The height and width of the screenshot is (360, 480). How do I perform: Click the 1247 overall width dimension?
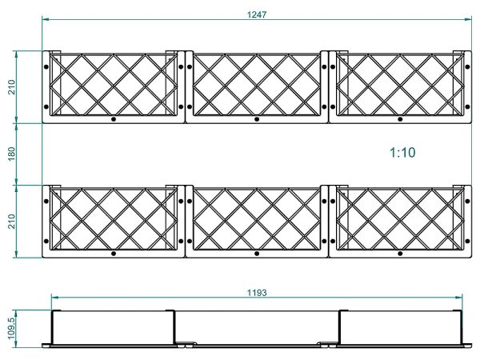pyautogui.click(x=257, y=14)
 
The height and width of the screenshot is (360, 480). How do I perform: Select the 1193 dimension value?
pyautogui.click(x=257, y=293)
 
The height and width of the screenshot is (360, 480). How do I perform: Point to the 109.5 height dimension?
pyautogui.click(x=11, y=328)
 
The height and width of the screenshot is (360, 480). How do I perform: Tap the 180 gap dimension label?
pyautogui.click(x=11, y=154)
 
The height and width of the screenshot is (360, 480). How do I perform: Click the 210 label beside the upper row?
pyautogui.click(x=11, y=87)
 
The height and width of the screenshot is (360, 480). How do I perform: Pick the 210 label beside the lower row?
pyautogui.click(x=11, y=222)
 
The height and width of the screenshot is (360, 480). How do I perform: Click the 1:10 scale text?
pyautogui.click(x=402, y=153)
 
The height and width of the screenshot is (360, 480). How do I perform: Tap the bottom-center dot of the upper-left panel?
pyautogui.click(x=114, y=119)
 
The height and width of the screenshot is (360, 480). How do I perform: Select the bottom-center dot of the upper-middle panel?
pyautogui.click(x=257, y=119)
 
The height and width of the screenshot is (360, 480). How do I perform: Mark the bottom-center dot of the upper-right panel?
pyautogui.click(x=400, y=119)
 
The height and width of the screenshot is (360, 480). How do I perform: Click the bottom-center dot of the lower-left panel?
pyautogui.click(x=114, y=254)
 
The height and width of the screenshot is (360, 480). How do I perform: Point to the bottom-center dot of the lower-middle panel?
pyautogui.click(x=257, y=254)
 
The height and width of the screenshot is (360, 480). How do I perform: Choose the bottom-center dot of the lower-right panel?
pyautogui.click(x=400, y=254)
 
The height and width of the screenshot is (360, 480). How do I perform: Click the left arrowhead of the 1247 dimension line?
pyautogui.click(x=46, y=19)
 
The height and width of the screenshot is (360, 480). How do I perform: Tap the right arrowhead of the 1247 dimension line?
pyautogui.click(x=468, y=19)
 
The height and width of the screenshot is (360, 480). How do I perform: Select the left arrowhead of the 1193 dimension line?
pyautogui.click(x=55, y=297)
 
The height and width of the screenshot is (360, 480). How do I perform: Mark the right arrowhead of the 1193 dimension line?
pyautogui.click(x=458, y=297)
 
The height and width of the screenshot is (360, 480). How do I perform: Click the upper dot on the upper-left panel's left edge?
pyautogui.click(x=46, y=66)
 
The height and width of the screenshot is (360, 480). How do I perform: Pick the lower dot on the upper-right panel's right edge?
pyautogui.click(x=467, y=107)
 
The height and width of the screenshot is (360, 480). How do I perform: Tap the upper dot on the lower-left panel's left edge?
pyautogui.click(x=46, y=201)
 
